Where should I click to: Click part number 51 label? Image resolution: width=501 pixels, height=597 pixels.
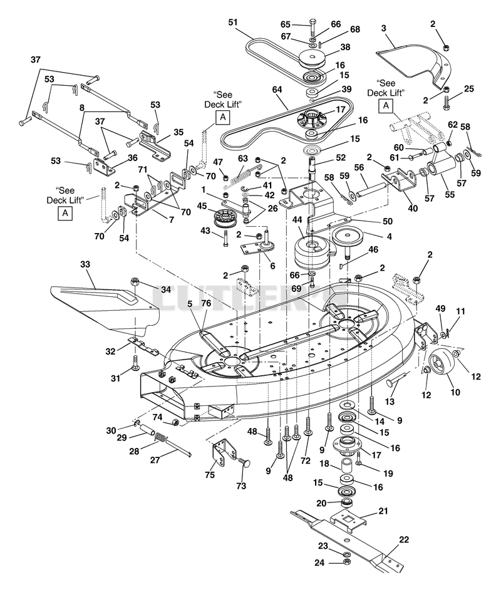[233, 23]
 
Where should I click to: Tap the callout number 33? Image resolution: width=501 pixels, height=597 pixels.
[85, 264]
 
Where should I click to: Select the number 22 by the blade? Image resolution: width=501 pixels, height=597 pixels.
[404, 539]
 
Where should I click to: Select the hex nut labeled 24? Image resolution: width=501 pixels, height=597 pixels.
[346, 562]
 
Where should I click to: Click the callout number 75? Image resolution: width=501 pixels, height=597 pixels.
[210, 474]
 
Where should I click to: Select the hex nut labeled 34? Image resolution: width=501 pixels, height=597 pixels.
[134, 282]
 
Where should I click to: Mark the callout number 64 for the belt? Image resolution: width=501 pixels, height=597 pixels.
[277, 90]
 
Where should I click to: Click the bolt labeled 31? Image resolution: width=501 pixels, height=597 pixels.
[135, 364]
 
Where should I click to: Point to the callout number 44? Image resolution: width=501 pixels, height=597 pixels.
[297, 220]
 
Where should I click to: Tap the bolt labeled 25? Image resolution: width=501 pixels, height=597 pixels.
[447, 103]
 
